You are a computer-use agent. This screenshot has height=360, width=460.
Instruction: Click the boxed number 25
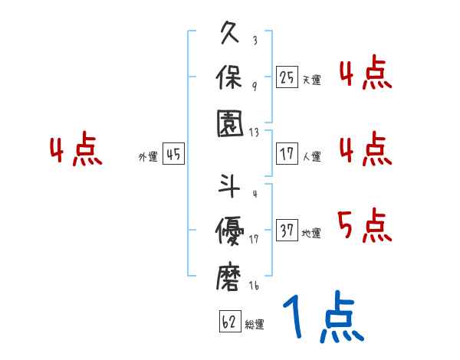[287, 77]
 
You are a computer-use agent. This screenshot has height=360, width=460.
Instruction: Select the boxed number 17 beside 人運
[287, 155]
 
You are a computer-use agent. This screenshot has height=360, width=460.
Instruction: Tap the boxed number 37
[287, 231]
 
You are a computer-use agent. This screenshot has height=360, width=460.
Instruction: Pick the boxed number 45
[173, 155]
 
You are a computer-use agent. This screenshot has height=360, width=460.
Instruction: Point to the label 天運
[311, 80]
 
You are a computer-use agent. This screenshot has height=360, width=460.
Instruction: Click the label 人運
[311, 157]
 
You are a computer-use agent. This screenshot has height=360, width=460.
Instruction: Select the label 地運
[311, 233]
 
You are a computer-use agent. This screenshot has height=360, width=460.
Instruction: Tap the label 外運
[148, 157]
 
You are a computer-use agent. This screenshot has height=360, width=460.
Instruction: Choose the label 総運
[255, 324]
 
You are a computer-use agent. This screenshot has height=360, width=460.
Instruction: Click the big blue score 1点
[323, 318]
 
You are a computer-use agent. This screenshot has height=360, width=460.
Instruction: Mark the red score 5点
[364, 226]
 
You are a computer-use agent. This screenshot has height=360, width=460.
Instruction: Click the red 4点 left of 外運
[76, 151]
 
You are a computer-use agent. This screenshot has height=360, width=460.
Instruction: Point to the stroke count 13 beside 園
[254, 132]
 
